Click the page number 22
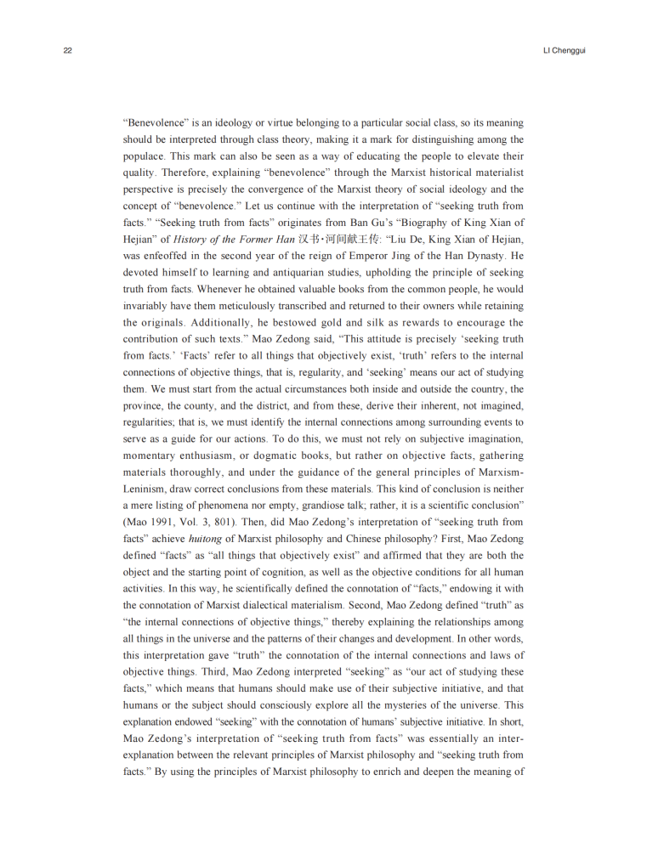67,50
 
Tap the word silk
377,322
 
